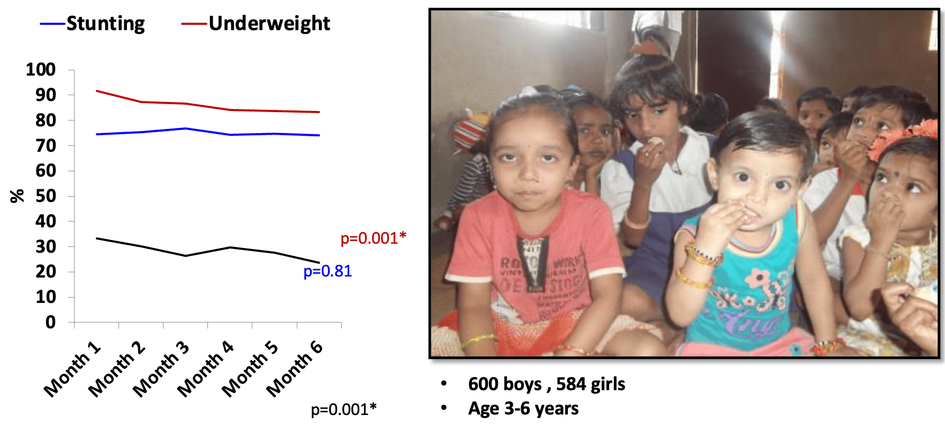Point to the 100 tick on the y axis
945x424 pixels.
[41, 69]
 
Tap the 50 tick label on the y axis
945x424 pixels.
[46, 196]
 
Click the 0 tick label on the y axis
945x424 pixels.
[50, 322]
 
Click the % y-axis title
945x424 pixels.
[17, 196]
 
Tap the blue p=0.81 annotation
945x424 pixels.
[328, 271]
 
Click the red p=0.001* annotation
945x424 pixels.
[373, 238]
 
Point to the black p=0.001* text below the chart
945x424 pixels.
[343, 410]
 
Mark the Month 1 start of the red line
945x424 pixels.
[97, 91]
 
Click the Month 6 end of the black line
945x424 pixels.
[319, 262]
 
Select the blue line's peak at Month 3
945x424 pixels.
[186, 128]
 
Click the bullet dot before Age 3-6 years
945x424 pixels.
[444, 408]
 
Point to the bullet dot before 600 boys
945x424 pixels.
[444, 383]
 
